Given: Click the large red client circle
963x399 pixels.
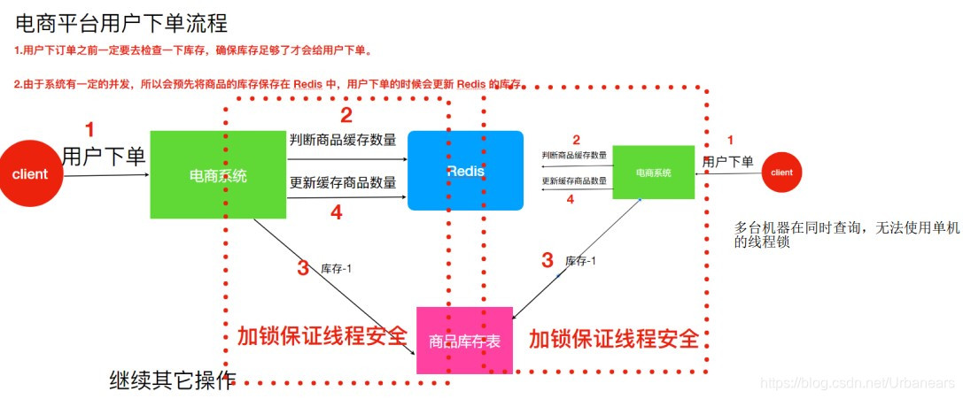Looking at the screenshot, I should point(30,174).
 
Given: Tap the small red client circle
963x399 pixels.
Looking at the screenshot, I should point(782,173).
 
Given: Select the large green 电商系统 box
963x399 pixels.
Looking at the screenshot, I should point(218,175).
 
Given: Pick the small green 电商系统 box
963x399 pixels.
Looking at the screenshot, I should point(654,173).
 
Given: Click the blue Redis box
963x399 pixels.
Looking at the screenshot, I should point(465,171).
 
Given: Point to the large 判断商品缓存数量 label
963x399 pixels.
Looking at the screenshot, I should point(343,139).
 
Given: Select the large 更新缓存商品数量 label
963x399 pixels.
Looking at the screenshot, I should point(343,183).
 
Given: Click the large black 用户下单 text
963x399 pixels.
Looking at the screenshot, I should point(104,157).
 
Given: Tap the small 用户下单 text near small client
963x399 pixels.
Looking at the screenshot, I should point(727,161).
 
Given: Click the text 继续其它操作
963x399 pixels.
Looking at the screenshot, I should point(173,380).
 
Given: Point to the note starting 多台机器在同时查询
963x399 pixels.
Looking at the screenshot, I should point(847,234).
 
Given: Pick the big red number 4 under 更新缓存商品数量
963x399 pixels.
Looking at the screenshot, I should point(336,212).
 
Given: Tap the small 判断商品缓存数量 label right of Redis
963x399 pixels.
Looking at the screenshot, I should point(575,155).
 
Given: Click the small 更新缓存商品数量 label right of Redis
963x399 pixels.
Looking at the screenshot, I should point(575,181).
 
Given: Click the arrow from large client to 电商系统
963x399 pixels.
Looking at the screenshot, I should point(106,175).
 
